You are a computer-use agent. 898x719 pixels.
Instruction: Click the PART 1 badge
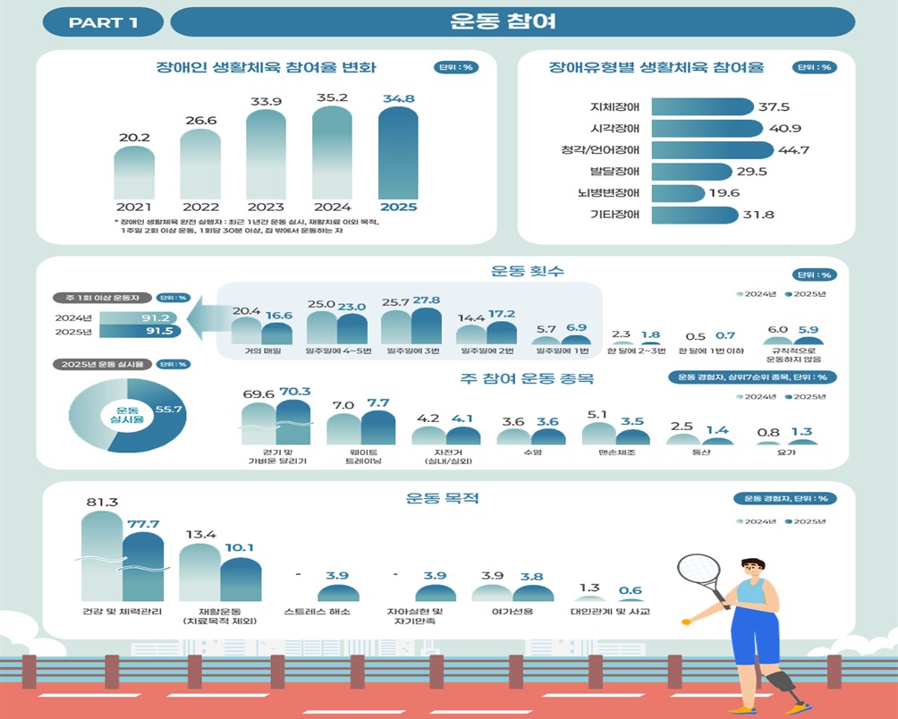pos(103,22)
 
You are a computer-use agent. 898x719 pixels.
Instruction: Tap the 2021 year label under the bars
pos(134,207)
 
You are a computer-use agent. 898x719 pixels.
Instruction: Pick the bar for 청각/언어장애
pos(712,150)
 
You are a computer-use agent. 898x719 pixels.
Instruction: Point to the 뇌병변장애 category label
pos(614,193)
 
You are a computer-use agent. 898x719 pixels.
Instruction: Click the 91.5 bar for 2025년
pos(140,331)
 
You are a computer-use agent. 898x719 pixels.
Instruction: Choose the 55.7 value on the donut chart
pos(169,410)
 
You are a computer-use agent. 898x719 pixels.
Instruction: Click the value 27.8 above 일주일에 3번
pos(426,300)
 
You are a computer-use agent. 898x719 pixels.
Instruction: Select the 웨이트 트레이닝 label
pos(361,456)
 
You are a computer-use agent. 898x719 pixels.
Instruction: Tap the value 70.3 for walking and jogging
pos(294,391)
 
